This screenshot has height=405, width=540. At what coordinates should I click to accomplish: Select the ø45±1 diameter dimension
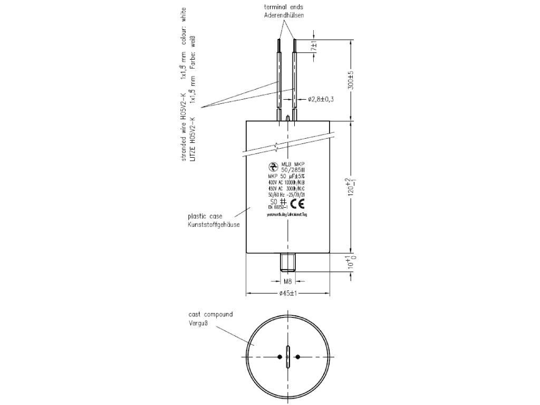(287, 294)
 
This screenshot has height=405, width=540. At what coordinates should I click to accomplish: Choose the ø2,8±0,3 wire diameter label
(321, 99)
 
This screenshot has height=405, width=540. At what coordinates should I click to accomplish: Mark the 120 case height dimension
(348, 187)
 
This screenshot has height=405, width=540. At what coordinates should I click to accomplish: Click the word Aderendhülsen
(284, 16)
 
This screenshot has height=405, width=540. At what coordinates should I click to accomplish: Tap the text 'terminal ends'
(284, 7)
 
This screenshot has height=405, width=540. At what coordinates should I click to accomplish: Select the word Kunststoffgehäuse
(214, 225)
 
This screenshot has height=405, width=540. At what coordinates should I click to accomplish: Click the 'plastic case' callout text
(206, 216)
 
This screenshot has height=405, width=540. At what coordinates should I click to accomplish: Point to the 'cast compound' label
(210, 314)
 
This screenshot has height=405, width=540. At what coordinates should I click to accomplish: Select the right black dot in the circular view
(298, 357)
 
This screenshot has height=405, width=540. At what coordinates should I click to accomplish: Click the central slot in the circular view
(287, 357)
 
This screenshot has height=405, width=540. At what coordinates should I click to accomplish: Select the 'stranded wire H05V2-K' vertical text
(184, 127)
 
